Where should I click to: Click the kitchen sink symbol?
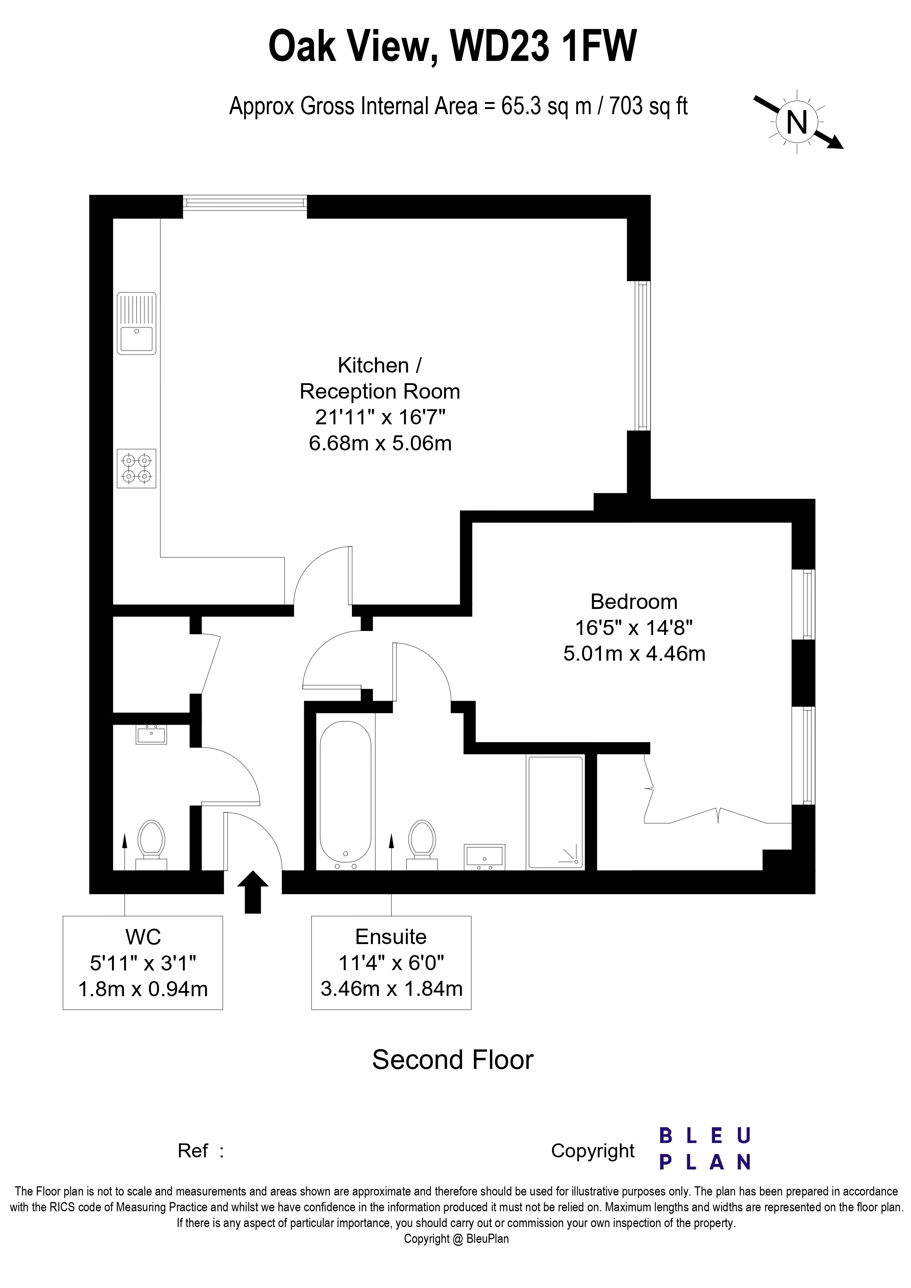click(136, 323)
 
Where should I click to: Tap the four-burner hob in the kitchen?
click(136, 468)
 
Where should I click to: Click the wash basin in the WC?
click(151, 734)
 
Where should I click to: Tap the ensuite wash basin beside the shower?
click(485, 857)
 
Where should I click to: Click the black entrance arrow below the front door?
click(253, 892)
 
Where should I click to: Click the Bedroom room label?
click(634, 601)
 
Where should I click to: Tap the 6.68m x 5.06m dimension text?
click(380, 443)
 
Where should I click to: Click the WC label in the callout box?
click(143, 937)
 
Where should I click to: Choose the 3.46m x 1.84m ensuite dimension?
click(391, 988)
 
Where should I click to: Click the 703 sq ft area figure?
click(648, 106)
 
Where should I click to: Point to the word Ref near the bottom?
click(192, 1151)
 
